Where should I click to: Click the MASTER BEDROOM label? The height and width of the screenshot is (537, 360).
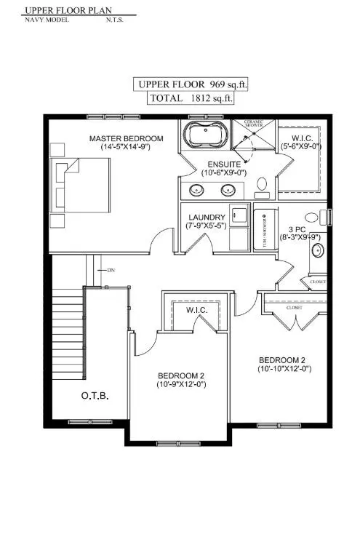coord(126,138)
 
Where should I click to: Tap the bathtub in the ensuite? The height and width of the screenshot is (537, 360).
coord(205,137)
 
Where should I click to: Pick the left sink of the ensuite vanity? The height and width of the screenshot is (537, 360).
coord(196,191)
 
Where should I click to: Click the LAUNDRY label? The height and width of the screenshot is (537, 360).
coord(207,218)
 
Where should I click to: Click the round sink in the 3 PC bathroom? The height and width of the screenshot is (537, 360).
coord(317,251)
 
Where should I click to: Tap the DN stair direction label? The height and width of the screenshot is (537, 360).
coord(111,271)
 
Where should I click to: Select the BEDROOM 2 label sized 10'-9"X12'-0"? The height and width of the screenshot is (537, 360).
coord(181,375)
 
